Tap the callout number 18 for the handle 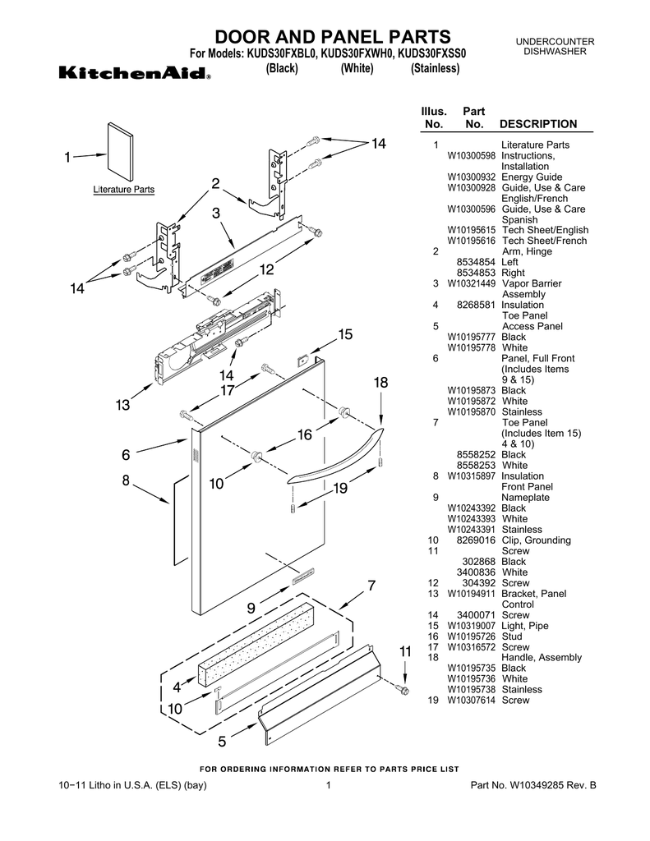tap(380, 383)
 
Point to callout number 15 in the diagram tap(344, 334)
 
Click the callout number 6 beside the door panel tap(126, 454)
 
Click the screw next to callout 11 tap(403, 691)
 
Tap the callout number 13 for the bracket tap(122, 405)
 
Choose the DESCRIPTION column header tap(538, 124)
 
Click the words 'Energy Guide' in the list tap(532, 177)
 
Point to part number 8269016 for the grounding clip tap(476, 540)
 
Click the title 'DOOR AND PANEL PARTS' tap(333, 37)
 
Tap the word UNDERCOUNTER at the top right tap(555, 42)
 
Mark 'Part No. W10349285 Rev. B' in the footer tap(532, 786)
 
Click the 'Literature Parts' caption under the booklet tap(123, 190)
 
